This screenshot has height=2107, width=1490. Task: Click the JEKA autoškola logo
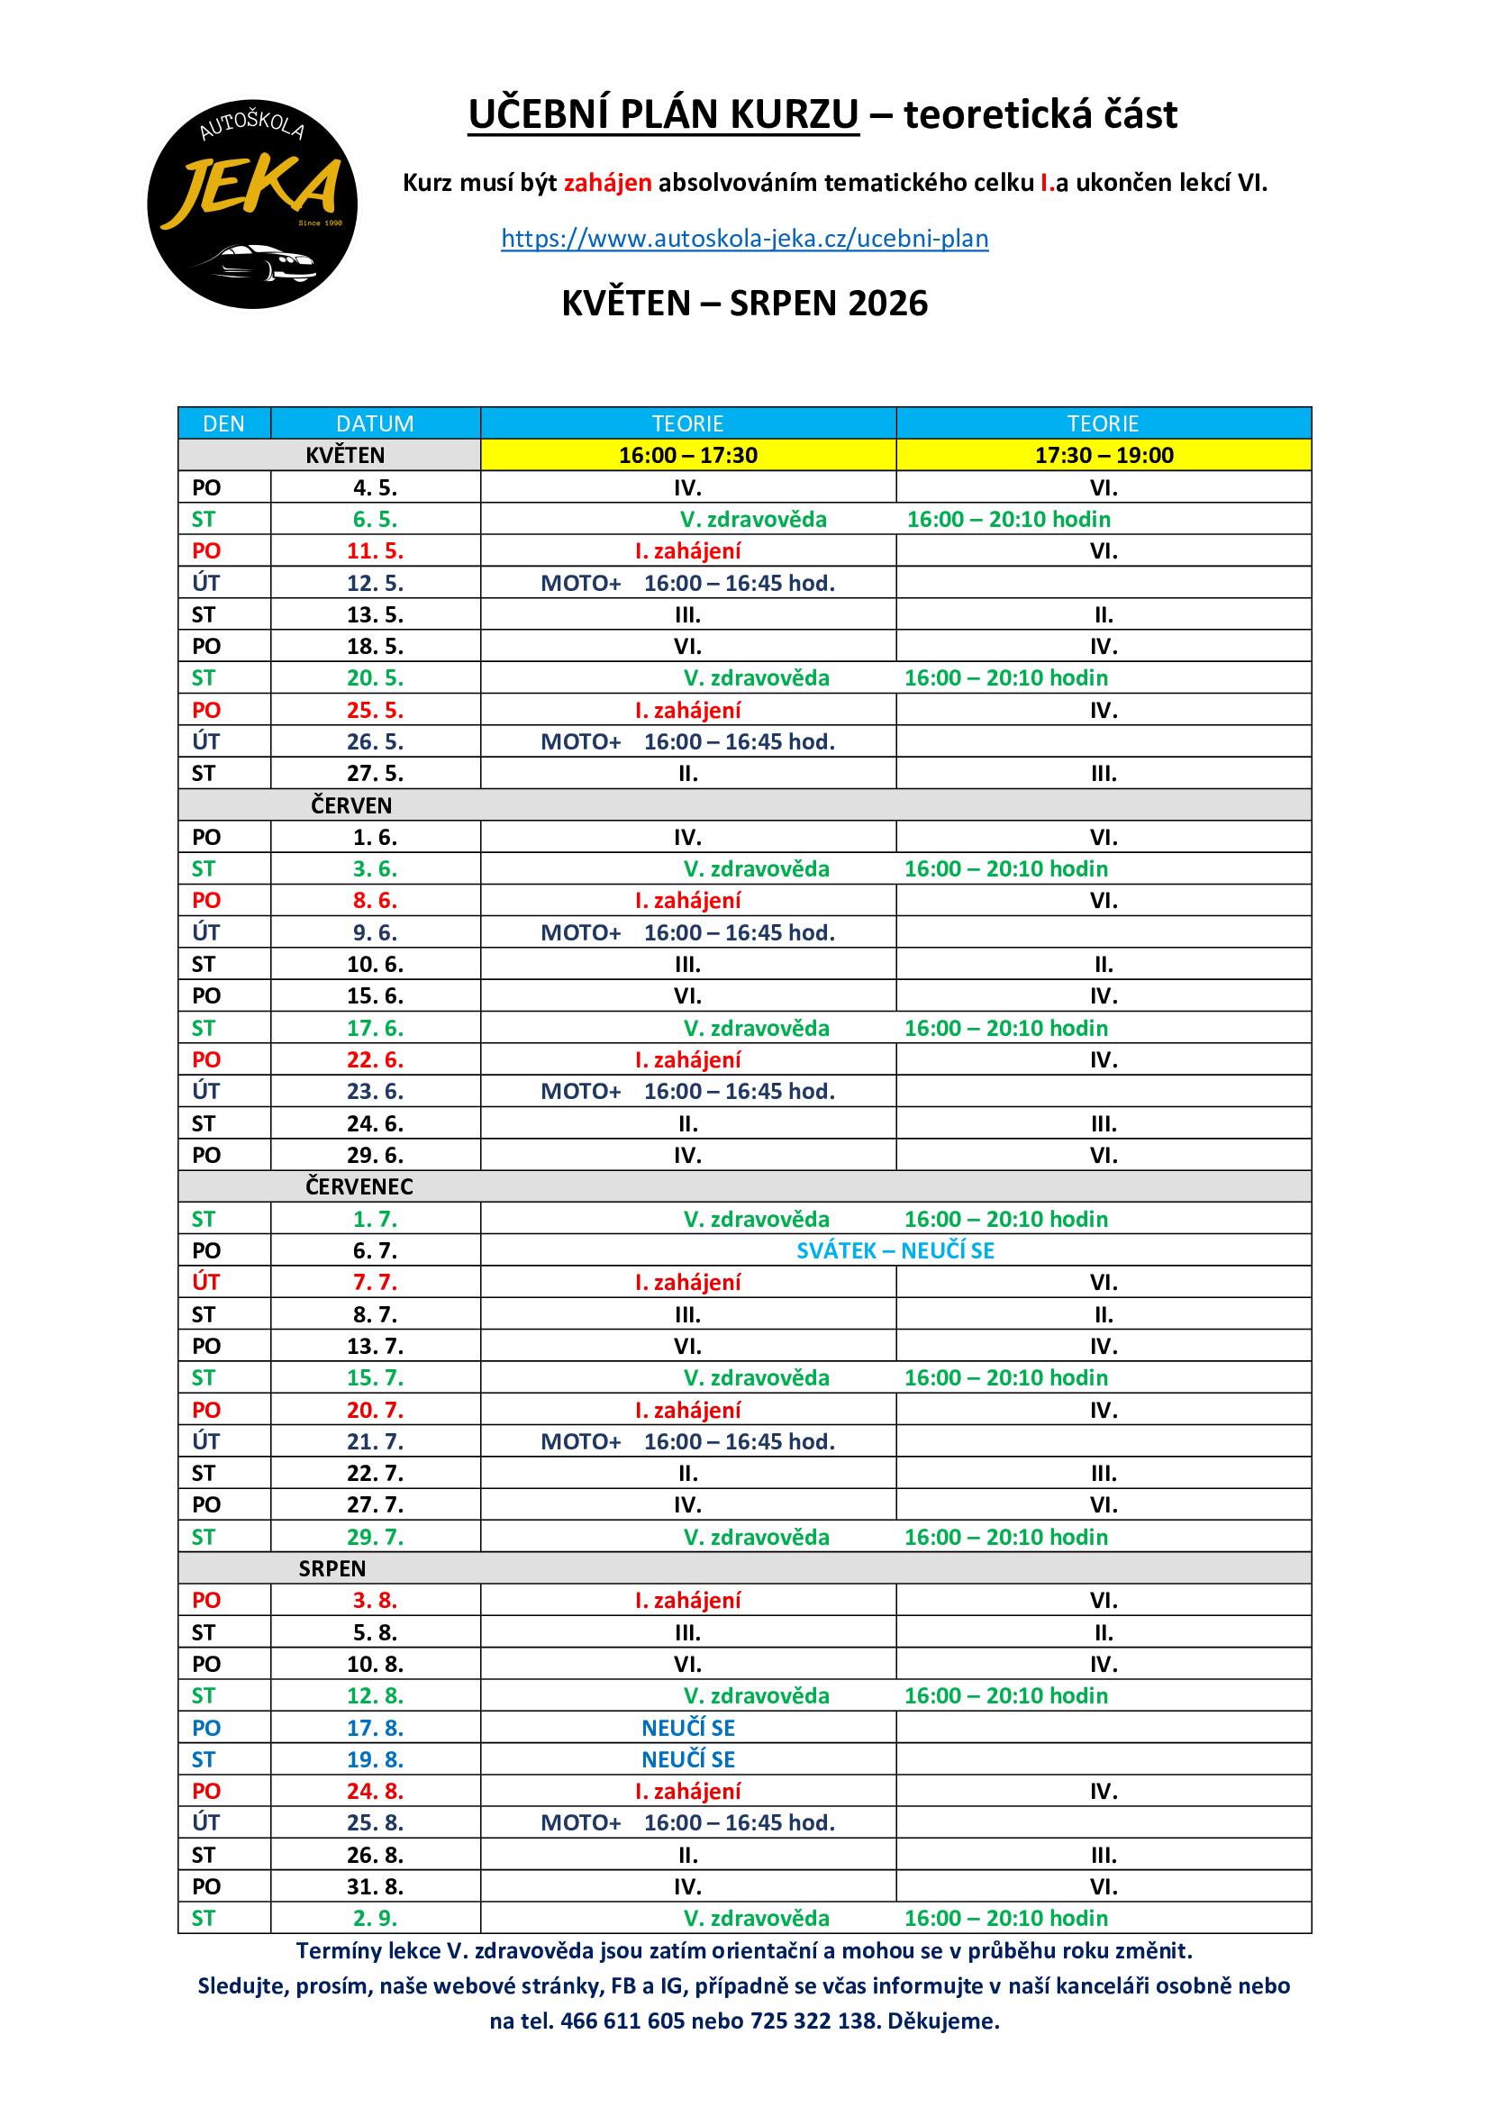click(x=252, y=204)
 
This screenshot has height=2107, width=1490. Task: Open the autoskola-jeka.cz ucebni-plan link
click(x=744, y=239)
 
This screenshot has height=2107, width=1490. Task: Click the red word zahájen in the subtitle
click(x=607, y=183)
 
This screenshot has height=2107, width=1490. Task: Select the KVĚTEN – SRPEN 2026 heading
click(x=744, y=303)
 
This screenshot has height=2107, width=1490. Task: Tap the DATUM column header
click(x=375, y=423)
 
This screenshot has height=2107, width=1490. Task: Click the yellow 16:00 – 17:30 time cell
click(x=688, y=455)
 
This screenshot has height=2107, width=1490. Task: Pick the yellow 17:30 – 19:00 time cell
click(x=1104, y=455)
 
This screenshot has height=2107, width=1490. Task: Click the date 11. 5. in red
click(x=375, y=550)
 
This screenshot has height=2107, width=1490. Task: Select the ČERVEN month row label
click(x=350, y=804)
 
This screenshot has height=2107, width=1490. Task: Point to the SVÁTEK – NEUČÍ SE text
click(x=895, y=1250)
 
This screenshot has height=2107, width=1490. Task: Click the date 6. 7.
click(x=375, y=1250)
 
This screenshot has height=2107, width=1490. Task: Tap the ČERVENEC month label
click(x=359, y=1186)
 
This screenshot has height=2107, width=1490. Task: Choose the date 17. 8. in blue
click(x=375, y=1728)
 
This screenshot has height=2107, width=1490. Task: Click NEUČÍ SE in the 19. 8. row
click(x=688, y=1759)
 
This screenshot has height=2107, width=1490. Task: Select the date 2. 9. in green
click(x=375, y=1918)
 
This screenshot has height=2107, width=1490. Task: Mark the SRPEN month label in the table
click(x=332, y=1568)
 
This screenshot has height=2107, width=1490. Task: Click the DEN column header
click(x=224, y=423)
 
